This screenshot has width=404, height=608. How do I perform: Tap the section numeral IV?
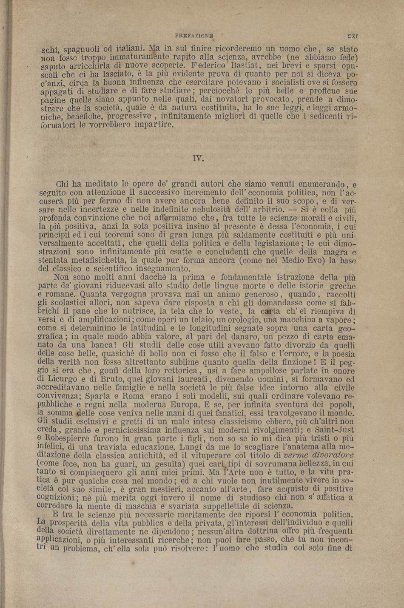(198, 159)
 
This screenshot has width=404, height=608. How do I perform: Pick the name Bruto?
(100, 379)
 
